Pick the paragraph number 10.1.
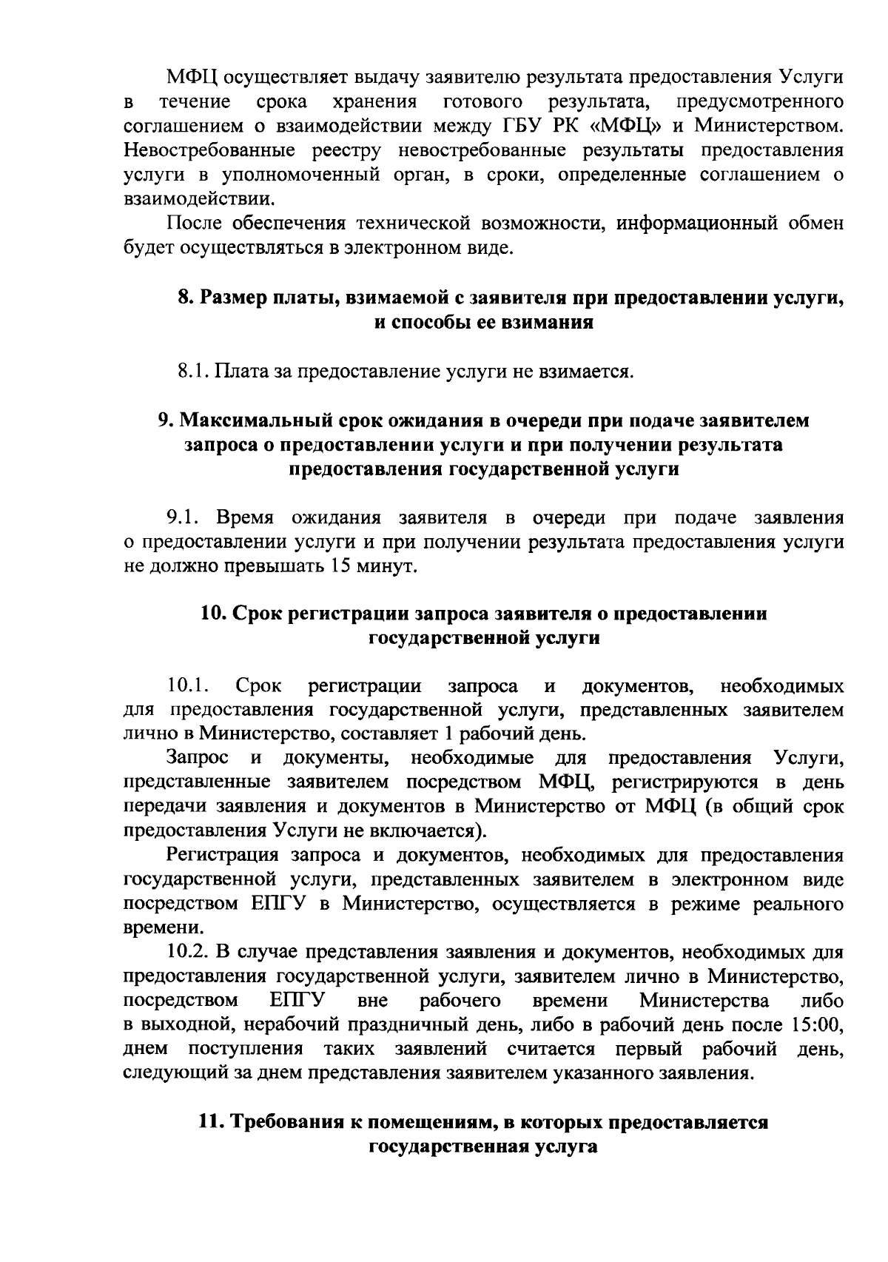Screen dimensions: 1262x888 (190, 685)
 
